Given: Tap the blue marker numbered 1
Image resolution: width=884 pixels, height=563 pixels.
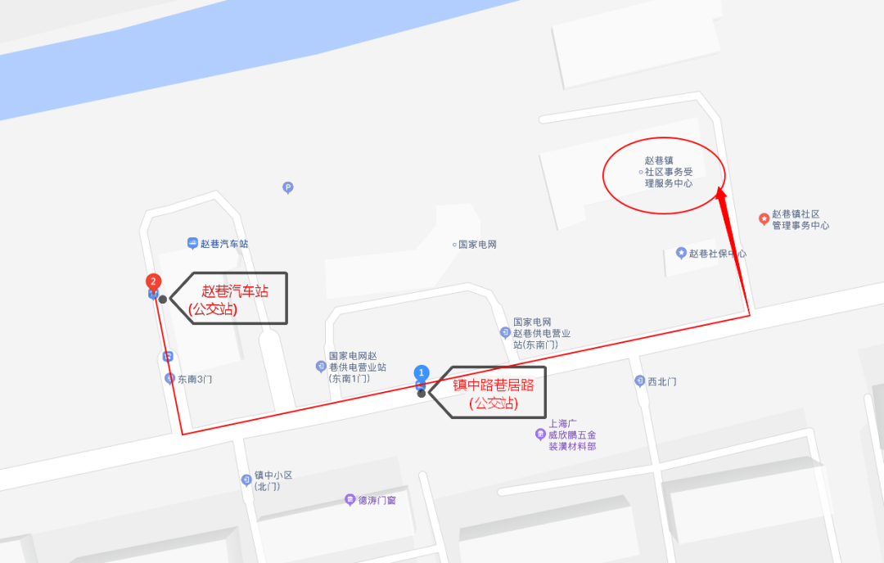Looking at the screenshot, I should tap(422, 373).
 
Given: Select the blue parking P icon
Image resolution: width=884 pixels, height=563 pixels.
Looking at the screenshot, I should tap(287, 187).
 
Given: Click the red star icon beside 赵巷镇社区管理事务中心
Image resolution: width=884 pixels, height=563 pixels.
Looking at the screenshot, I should tap(764, 218).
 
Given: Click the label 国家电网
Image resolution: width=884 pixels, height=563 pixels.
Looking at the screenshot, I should tap(477, 245).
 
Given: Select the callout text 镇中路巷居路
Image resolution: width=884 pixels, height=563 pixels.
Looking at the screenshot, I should tap(494, 385).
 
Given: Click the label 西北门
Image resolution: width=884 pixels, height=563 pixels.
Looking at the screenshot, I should tap(661, 381).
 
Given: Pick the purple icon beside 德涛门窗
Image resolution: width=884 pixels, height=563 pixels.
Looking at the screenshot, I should tap(350, 499).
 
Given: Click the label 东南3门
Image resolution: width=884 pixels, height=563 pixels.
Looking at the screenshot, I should tap(195, 380).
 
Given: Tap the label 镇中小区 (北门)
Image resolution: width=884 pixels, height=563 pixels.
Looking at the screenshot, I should tap(273, 480).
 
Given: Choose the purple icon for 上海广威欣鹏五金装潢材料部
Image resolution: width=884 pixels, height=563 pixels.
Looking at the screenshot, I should tap(540, 435).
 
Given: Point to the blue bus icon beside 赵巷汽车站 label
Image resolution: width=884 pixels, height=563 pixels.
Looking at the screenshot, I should tap(192, 243).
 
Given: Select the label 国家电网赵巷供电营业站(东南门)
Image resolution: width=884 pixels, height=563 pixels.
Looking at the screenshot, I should tap(541, 334).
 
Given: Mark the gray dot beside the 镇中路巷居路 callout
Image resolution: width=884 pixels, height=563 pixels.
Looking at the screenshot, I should tap(422, 394).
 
